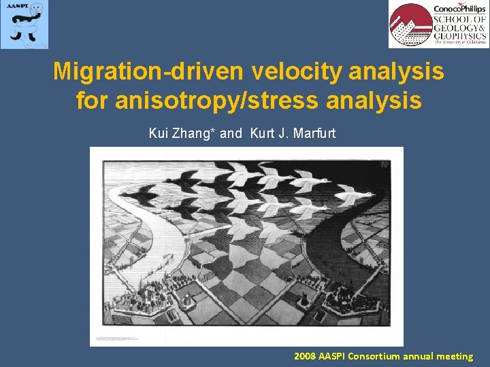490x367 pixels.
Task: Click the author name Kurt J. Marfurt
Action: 293,133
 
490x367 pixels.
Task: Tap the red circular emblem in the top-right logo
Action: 410,25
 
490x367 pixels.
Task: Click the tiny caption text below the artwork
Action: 129,338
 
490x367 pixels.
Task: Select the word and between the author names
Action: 231,133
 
